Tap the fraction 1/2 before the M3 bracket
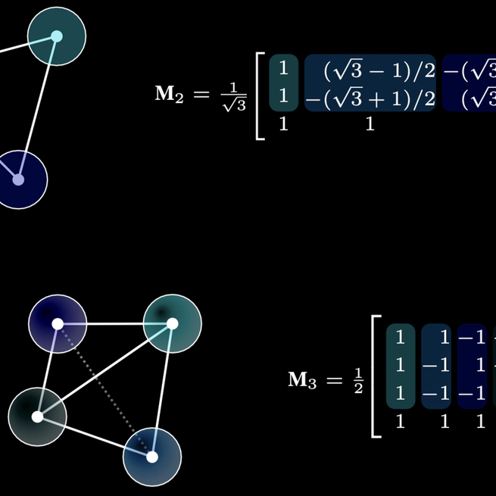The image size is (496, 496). pyautogui.click(x=357, y=380)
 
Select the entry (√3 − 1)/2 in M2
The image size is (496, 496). pyautogui.click(x=369, y=71)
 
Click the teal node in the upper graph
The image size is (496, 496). pyautogui.click(x=56, y=36)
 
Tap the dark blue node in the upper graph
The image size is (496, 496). pyautogui.click(x=18, y=179)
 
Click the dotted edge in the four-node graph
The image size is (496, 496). pyautogui.click(x=105, y=391)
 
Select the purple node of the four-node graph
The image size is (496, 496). pyautogui.click(x=58, y=324)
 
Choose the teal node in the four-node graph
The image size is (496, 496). pyautogui.click(x=172, y=324)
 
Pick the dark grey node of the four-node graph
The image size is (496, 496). pyautogui.click(x=37, y=416)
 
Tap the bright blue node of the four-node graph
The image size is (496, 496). pyautogui.click(x=152, y=457)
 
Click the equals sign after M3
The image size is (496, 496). pyautogui.click(x=334, y=380)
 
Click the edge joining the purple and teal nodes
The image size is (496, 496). pyautogui.click(x=115, y=324)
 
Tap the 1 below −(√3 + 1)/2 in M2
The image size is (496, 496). pyautogui.click(x=370, y=124)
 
